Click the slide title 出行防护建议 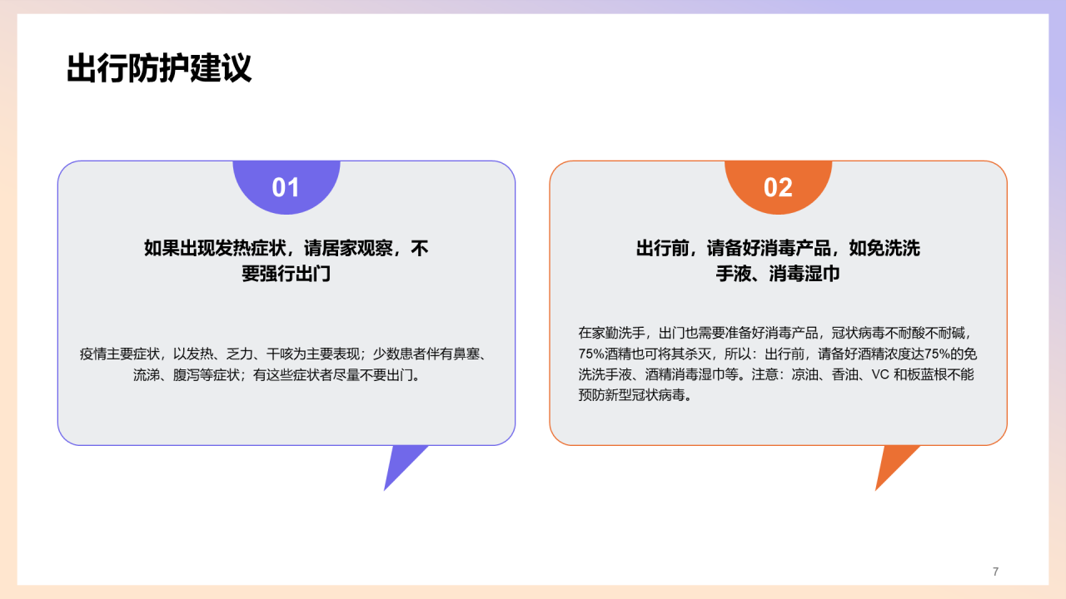(x=159, y=69)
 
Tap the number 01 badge (x=286, y=187)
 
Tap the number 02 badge (x=778, y=187)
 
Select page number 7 (x=995, y=572)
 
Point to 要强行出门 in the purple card (x=286, y=274)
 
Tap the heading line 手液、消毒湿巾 (x=778, y=274)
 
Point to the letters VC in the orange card (x=879, y=374)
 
